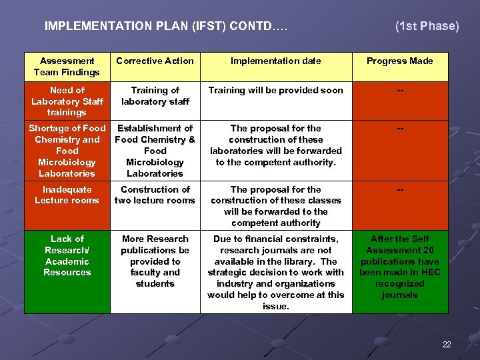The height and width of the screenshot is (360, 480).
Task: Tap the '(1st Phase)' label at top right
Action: pyautogui.click(x=427, y=27)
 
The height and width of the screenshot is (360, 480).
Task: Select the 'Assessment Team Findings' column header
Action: pyautogui.click(x=67, y=67)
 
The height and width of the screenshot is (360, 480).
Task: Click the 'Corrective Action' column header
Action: pyautogui.click(x=155, y=61)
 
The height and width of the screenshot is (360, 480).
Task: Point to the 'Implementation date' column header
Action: pyautogui.click(x=276, y=61)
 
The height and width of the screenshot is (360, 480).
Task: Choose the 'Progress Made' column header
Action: pyautogui.click(x=400, y=61)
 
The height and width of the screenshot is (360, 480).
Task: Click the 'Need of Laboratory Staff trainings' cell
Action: pyautogui.click(x=67, y=101)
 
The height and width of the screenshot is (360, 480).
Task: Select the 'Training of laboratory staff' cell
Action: pyautogui.click(x=155, y=96)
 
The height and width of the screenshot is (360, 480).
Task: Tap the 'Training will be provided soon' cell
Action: pyautogui.click(x=276, y=91)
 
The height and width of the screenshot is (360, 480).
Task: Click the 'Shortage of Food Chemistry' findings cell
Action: pyautogui.click(x=67, y=151)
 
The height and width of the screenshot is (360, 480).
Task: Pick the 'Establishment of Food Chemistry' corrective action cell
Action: pyautogui.click(x=155, y=151)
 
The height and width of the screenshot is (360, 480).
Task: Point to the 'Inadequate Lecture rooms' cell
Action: pyautogui.click(x=67, y=195)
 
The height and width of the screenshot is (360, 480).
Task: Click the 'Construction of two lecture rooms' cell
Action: pyautogui.click(x=155, y=195)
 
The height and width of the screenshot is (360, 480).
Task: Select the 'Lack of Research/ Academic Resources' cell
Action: pyautogui.click(x=67, y=255)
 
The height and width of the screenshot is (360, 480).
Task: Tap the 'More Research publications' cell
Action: pyautogui.click(x=155, y=261)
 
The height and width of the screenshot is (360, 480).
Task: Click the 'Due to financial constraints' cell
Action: pyautogui.click(x=276, y=273)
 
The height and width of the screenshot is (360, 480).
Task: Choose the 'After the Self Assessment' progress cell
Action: pyautogui.click(x=400, y=267)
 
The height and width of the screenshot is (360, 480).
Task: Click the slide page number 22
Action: pyautogui.click(x=447, y=344)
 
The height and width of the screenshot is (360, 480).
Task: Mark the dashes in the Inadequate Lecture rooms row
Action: pyautogui.click(x=400, y=190)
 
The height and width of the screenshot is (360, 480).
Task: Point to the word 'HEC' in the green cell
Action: pyautogui.click(x=430, y=273)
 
